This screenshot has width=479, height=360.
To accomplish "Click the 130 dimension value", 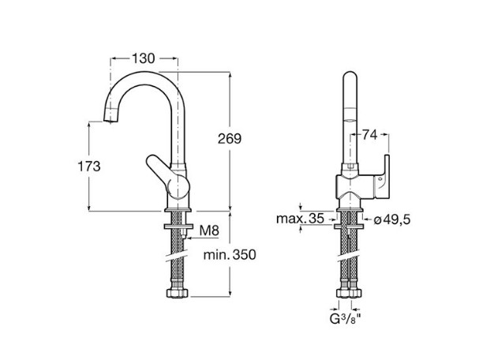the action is pos(144,58).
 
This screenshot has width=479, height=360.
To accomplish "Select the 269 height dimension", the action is pos(230,139).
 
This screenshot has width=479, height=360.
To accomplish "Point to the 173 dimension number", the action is pos(89,167).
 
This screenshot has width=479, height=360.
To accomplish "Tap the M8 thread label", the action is pos(209,231).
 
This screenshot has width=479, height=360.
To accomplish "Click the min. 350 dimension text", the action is pos(230,254).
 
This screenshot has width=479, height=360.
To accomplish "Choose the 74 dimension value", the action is pos(369,135).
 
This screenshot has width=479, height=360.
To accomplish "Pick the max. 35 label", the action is pos(300,219).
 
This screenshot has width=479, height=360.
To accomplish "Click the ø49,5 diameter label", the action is pos(392,219).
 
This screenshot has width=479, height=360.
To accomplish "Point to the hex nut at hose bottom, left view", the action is pos(178,293).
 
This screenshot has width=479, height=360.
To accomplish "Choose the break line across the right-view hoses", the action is pos(348,257).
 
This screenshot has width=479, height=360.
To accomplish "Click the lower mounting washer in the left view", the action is pos(178,227).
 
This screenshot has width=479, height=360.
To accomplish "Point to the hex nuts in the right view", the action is pos(349,293).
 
